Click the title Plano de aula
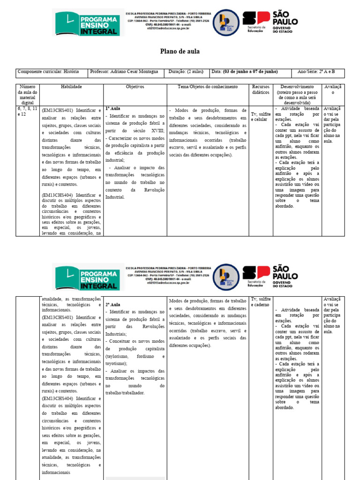(x=180, y=52)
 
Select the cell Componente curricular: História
(x=48, y=72)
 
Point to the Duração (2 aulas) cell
(x=186, y=72)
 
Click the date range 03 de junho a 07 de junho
(x=251, y=72)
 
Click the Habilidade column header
(x=71, y=87)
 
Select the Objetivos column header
(x=135, y=87)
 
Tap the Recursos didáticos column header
(x=261, y=90)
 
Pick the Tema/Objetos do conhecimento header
(x=208, y=87)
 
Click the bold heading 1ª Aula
(x=113, y=108)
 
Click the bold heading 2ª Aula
(x=113, y=304)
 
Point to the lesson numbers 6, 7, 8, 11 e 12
(x=28, y=111)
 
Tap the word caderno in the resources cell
(x=262, y=305)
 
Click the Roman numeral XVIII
(x=155, y=131)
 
